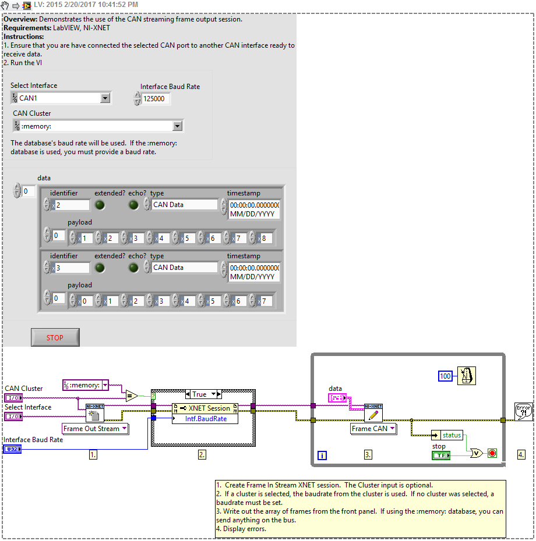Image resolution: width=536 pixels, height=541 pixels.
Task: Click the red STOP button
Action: tap(55, 337)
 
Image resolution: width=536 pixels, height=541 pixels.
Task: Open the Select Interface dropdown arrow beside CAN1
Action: tap(105, 98)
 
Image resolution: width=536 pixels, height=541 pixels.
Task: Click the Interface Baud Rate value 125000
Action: tap(156, 99)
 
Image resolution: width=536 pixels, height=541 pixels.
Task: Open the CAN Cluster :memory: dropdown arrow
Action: tap(177, 126)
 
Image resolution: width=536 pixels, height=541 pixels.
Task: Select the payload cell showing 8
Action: tap(266, 238)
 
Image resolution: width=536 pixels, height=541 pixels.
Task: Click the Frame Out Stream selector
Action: tap(96, 429)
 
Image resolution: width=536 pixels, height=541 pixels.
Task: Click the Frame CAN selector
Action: tap(373, 429)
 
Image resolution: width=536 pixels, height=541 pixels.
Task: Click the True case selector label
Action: tap(199, 394)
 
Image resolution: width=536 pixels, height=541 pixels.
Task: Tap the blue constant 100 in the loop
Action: tap(446, 376)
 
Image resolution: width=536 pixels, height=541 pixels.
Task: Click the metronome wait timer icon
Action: tap(467, 376)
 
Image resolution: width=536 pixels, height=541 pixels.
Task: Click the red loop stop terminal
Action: tap(492, 453)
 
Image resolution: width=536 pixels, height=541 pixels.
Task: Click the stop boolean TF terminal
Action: tap(441, 455)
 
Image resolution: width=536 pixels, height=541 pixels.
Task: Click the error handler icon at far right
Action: tap(523, 411)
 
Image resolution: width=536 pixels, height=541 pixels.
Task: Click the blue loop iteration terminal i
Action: tap(323, 455)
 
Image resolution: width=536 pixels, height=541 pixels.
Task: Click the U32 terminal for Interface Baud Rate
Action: tap(12, 449)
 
